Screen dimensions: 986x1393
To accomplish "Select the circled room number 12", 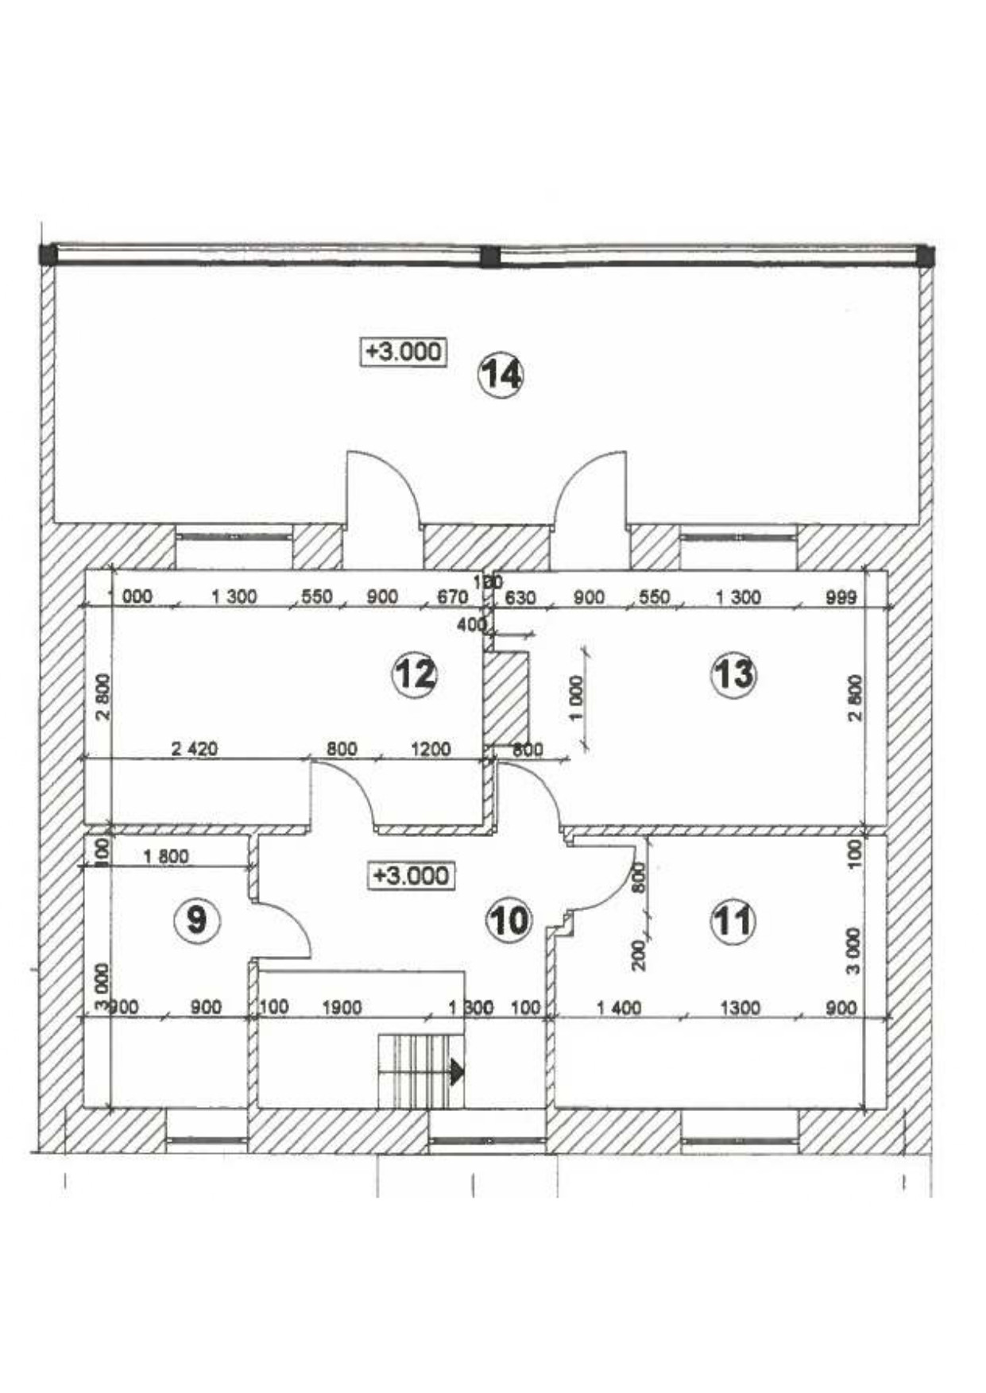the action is click(x=415, y=674).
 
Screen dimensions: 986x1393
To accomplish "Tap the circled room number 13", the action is click(x=733, y=675).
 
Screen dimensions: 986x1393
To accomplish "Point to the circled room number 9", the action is click(x=196, y=921).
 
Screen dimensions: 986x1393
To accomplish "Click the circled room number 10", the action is click(x=508, y=921).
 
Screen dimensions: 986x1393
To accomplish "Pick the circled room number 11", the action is click(x=733, y=922).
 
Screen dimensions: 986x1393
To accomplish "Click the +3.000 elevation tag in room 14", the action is click(x=404, y=351).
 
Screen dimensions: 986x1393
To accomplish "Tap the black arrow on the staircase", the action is click(x=456, y=1071).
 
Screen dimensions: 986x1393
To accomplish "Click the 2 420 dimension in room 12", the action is click(x=195, y=748).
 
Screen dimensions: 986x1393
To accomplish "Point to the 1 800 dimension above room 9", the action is click(x=166, y=856).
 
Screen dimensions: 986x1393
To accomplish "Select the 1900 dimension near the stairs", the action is click(x=342, y=1008).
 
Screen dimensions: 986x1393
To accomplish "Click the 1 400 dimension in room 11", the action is click(x=619, y=1008).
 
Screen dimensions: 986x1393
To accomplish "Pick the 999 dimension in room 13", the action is click(x=841, y=597).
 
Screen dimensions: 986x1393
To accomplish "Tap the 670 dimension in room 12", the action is click(x=453, y=597).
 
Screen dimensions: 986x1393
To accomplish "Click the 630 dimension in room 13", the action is click(x=520, y=597).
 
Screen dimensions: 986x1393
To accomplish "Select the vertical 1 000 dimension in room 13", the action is click(x=577, y=697).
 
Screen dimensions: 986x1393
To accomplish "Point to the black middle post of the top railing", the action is click(x=491, y=256).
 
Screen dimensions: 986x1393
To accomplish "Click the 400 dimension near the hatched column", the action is click(x=471, y=625).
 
